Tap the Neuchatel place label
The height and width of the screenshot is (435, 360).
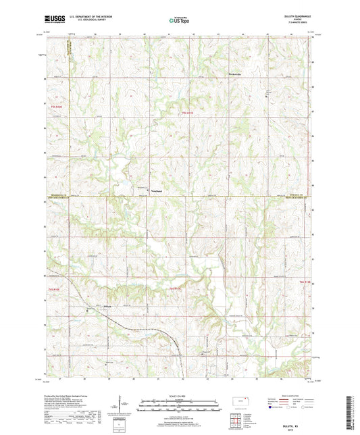click(156, 190)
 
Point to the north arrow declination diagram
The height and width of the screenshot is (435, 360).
click(120, 406)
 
